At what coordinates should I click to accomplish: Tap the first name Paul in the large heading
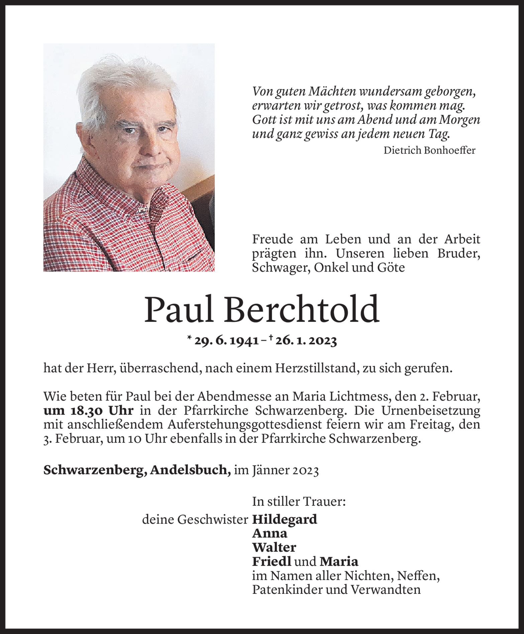(x=178, y=309)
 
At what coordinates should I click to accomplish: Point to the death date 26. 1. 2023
(x=306, y=341)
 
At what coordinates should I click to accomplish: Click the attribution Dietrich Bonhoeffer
(x=429, y=150)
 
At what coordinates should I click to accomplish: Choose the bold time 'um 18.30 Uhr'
(x=89, y=410)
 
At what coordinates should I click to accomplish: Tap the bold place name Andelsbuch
(x=190, y=470)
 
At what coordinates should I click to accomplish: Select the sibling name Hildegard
(x=285, y=519)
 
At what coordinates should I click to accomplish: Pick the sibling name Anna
(x=270, y=533)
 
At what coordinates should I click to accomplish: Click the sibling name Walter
(x=274, y=547)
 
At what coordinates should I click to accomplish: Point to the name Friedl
(x=272, y=561)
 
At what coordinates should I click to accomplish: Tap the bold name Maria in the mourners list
(x=339, y=561)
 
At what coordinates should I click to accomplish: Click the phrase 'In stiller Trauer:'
(x=299, y=502)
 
